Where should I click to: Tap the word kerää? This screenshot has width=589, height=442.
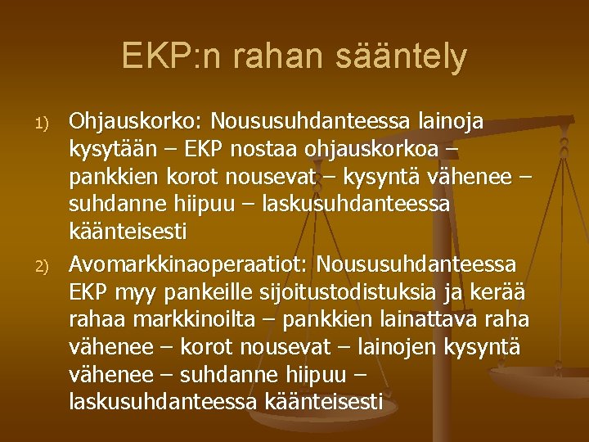[505, 292]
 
